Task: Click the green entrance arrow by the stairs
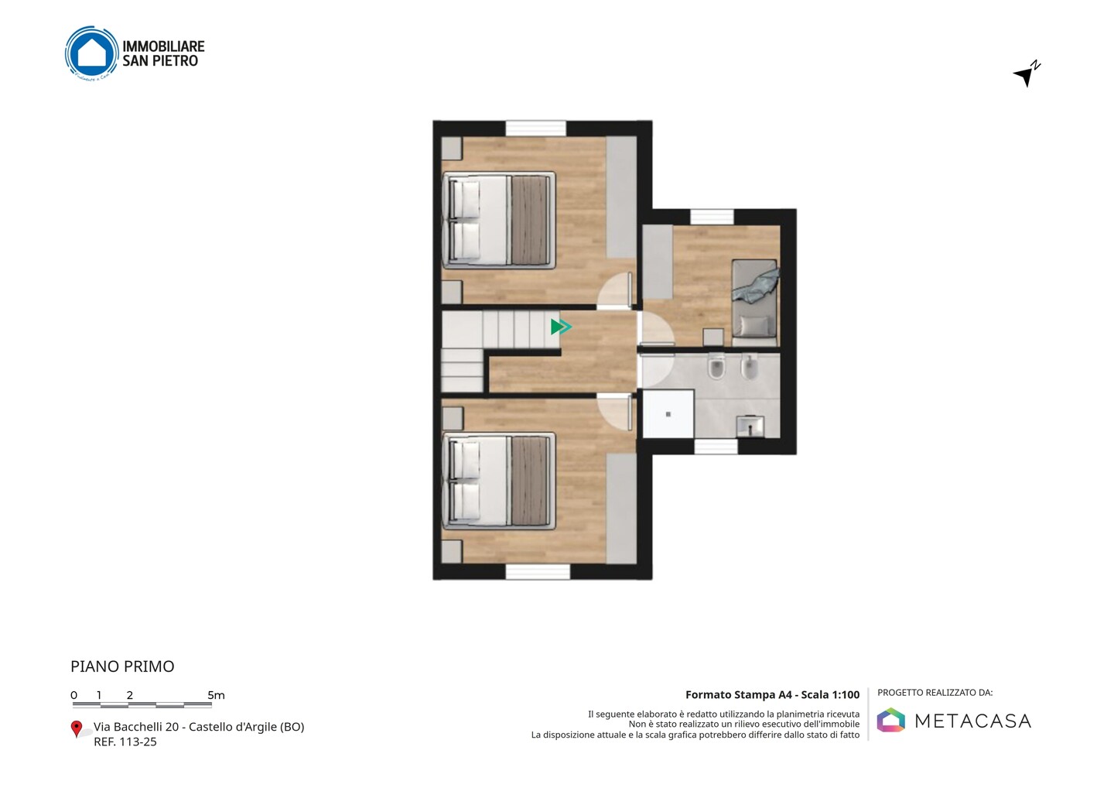pyautogui.click(x=561, y=327)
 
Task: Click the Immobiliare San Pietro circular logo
pyautogui.click(x=92, y=53)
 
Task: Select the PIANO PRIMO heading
pyautogui.click(x=122, y=666)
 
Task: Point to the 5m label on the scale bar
pyautogui.click(x=217, y=695)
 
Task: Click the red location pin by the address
pyautogui.click(x=76, y=729)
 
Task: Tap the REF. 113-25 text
pyautogui.click(x=125, y=742)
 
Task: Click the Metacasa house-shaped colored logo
pyautogui.click(x=890, y=721)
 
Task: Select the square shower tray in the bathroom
pyautogui.click(x=668, y=414)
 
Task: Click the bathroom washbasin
pyautogui.click(x=750, y=427)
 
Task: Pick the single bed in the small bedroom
pyautogui.click(x=754, y=303)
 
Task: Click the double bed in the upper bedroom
pyautogui.click(x=499, y=221)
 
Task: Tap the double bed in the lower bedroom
pyautogui.click(x=499, y=481)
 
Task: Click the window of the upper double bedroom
pyautogui.click(x=535, y=128)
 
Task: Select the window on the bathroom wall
pyautogui.click(x=716, y=446)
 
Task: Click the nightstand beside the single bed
pyautogui.click(x=713, y=337)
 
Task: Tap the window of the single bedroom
pyautogui.click(x=712, y=218)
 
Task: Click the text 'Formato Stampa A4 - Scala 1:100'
pyautogui.click(x=772, y=694)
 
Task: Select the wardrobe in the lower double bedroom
pyautogui.click(x=621, y=509)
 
